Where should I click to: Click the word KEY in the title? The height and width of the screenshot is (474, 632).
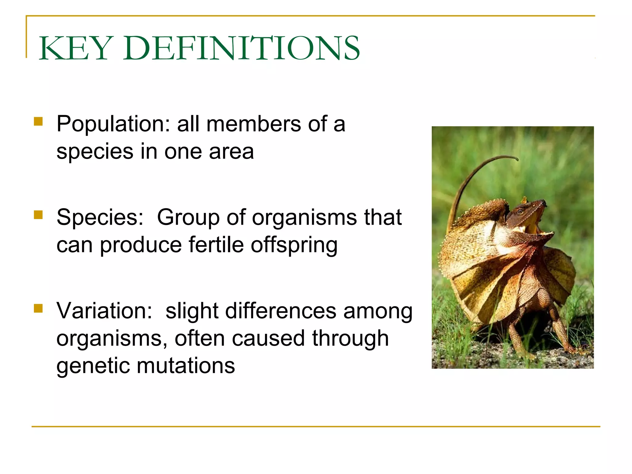click(x=74, y=48)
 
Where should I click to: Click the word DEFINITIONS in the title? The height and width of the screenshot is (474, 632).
click(x=242, y=48)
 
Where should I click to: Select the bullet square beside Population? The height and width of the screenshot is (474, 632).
click(x=38, y=121)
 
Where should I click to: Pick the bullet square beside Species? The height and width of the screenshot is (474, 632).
click(x=38, y=215)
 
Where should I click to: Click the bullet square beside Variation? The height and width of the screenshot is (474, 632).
click(x=38, y=308)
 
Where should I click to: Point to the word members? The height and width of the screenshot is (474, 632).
click(x=253, y=124)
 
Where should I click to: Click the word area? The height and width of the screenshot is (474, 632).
click(x=231, y=152)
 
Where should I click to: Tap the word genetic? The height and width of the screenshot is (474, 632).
click(x=93, y=366)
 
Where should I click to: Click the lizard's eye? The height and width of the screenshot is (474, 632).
click(x=521, y=212)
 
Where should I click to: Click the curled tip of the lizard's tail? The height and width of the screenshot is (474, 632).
click(x=516, y=159)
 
